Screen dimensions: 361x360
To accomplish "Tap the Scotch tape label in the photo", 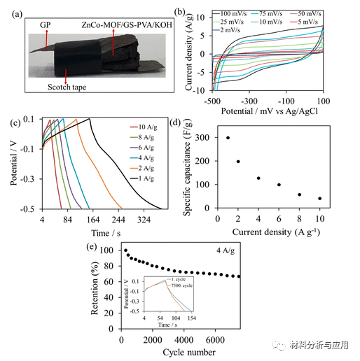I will click(69, 86).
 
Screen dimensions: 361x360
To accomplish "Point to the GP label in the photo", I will click(46, 23).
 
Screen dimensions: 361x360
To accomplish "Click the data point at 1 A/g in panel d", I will click(228, 138).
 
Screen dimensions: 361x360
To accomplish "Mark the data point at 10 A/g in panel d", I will click(320, 199).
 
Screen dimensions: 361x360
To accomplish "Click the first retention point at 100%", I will click(126, 250).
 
